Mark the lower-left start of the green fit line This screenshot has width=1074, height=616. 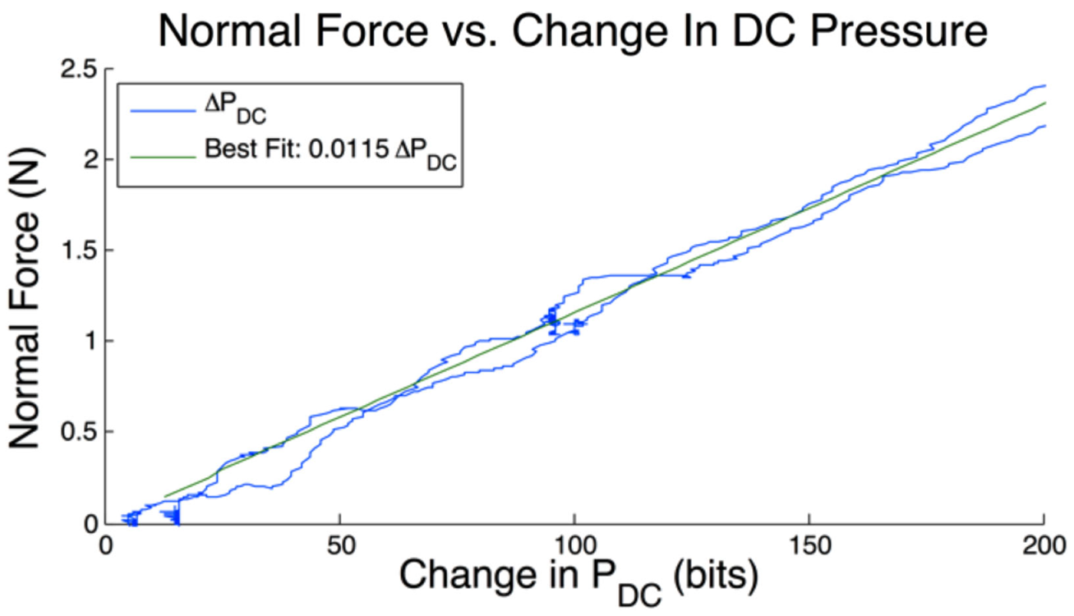pos(166,496)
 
